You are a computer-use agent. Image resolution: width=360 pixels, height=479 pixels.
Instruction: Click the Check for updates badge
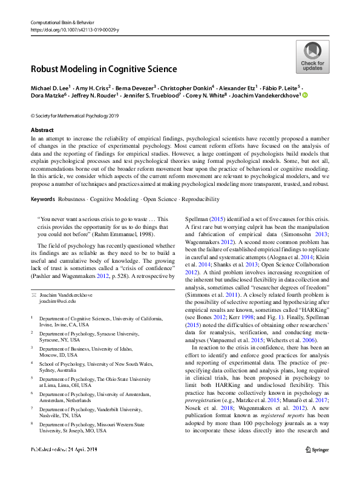pos(312,58)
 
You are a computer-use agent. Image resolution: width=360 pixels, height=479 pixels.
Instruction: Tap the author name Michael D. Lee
pos(50,88)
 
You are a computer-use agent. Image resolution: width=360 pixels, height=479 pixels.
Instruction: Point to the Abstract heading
pos(42,130)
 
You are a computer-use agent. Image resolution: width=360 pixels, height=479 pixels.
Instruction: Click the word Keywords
pos(43,199)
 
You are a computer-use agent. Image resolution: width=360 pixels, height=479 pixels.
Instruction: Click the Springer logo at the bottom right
pos(317,466)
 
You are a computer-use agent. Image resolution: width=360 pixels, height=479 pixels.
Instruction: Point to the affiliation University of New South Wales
pos(124,364)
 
